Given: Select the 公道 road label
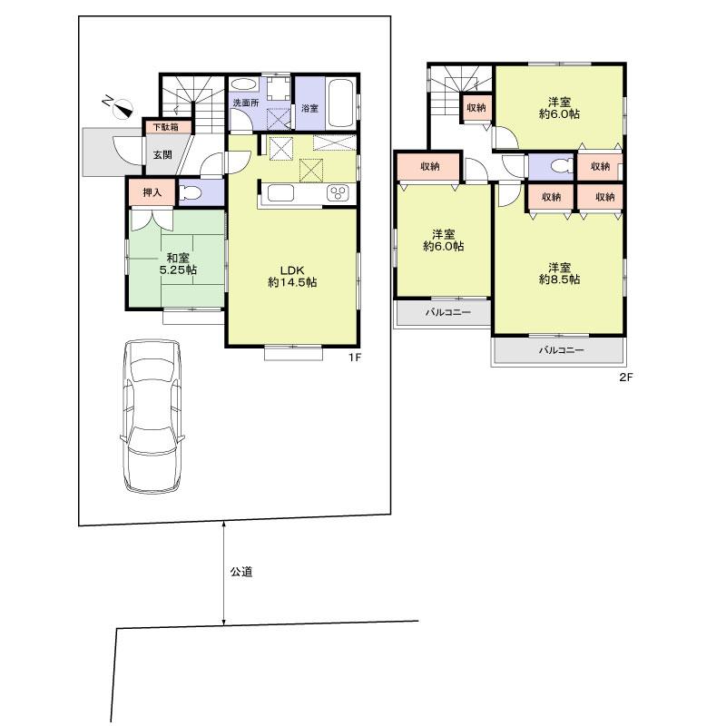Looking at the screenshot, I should [240, 573].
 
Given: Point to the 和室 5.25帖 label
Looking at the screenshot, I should [178, 264].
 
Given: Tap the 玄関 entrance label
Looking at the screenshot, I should [162, 154].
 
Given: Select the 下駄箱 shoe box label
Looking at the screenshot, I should [165, 127].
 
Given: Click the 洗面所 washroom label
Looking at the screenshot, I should [245, 103].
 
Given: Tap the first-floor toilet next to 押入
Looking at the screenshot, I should [191, 192].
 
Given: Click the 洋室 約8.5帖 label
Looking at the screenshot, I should [559, 273].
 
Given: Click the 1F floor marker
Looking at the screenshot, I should [356, 358].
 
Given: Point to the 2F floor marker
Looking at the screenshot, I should [624, 378].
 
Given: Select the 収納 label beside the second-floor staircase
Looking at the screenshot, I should [476, 107].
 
